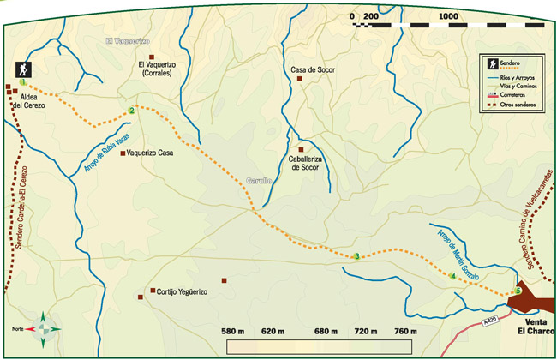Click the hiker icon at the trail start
point(22,69)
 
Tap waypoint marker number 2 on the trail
point(131,111)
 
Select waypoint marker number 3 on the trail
point(356,256)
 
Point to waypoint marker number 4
point(452,276)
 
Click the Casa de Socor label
point(312,69)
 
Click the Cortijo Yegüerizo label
point(182,292)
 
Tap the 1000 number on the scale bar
point(447,17)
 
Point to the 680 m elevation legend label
point(327,331)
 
